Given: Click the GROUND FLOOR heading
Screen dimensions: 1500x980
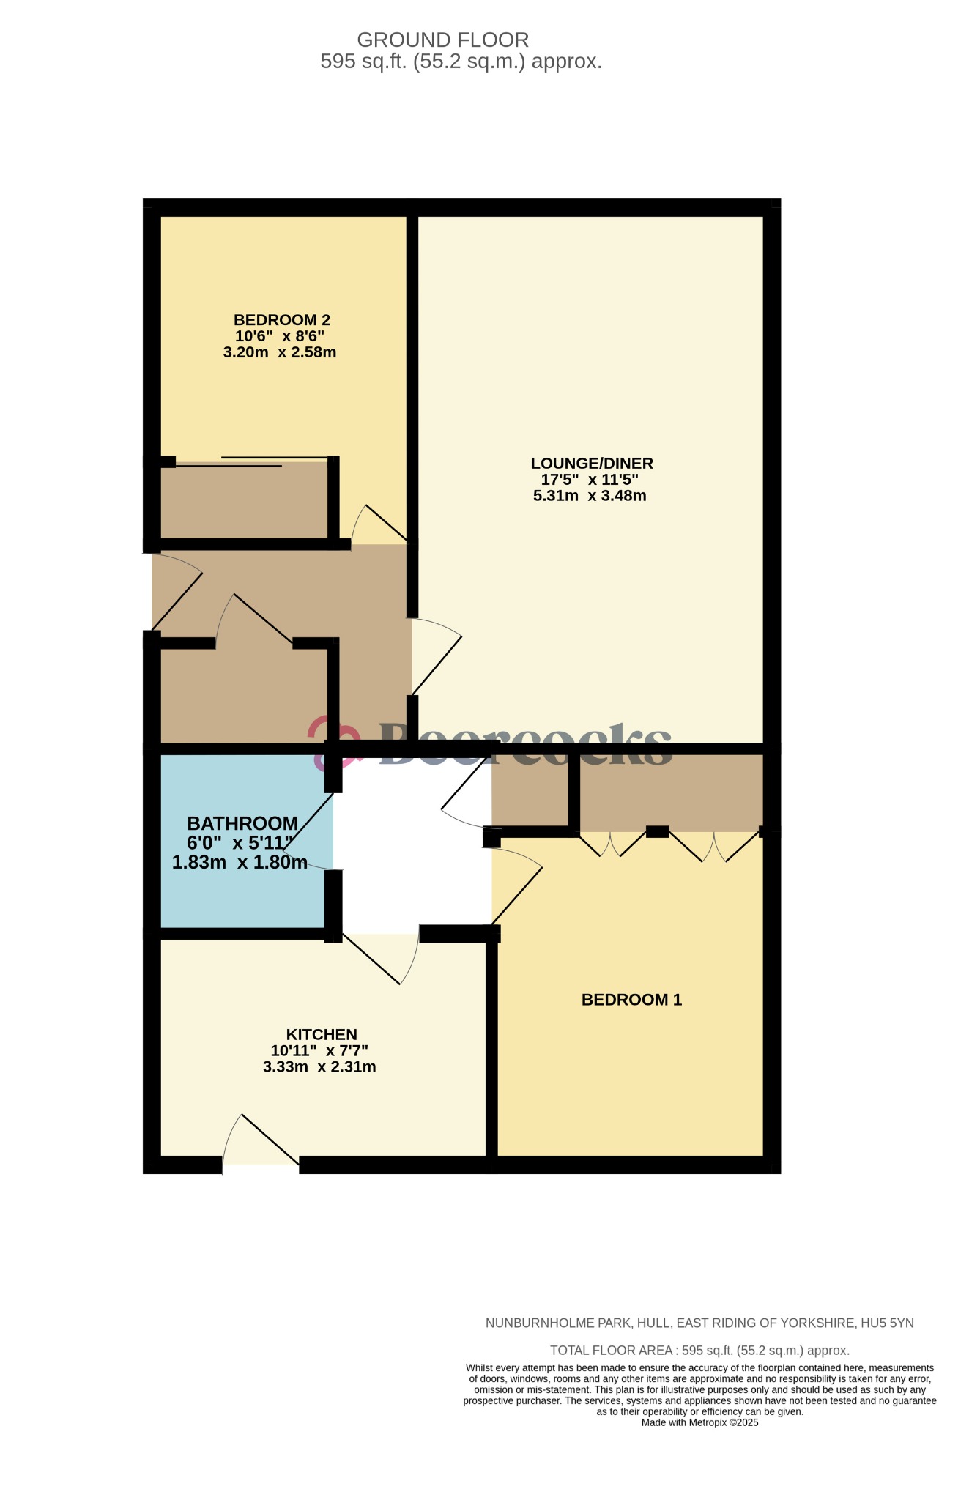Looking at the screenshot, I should (x=442, y=40).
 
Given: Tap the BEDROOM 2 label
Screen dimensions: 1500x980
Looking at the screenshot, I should (x=281, y=320).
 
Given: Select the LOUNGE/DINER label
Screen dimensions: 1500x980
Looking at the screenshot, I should (x=591, y=463).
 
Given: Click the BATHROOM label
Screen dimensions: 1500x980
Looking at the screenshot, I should (x=242, y=824).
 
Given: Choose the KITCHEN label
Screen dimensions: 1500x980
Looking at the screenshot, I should (x=321, y=1034).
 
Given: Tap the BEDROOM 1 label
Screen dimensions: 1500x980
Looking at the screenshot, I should (x=631, y=1000).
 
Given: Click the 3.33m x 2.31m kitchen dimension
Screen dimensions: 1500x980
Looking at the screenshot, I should (x=319, y=1067).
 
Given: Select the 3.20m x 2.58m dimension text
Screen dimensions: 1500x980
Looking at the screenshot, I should (x=279, y=352).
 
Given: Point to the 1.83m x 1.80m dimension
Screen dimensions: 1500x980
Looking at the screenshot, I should (x=240, y=863).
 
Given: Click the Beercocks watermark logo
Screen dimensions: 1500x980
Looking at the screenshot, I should (x=491, y=744).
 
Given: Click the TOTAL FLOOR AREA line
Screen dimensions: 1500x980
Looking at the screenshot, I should (x=699, y=1350).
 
